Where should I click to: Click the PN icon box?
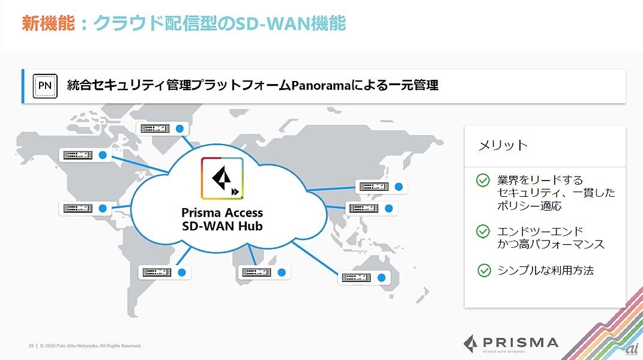(x=45, y=86)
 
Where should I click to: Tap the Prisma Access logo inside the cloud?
(x=222, y=178)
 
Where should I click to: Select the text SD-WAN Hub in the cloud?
(x=222, y=226)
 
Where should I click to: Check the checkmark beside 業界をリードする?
(x=483, y=180)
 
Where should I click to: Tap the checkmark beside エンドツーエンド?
(x=483, y=231)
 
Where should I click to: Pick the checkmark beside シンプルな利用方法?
(x=484, y=271)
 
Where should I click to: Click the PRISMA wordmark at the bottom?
(x=510, y=343)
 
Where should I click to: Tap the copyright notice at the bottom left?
(x=85, y=346)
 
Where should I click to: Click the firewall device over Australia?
(x=357, y=277)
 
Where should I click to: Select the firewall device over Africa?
(x=257, y=272)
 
